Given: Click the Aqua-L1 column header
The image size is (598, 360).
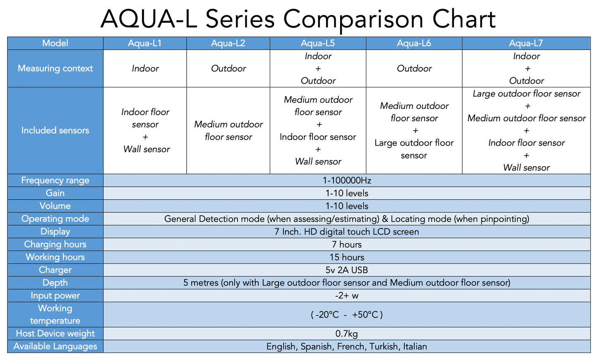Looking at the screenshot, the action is tap(145, 43).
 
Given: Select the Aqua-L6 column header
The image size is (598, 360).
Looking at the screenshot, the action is tap(414, 43).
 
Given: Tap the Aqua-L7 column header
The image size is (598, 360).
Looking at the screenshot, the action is tap(526, 43).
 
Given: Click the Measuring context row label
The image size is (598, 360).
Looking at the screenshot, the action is tap(55, 68).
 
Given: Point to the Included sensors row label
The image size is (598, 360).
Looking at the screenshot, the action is tap(55, 130).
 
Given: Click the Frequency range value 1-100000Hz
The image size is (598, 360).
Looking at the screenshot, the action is tap(347, 180).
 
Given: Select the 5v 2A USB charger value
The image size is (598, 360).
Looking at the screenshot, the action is tap(347, 270).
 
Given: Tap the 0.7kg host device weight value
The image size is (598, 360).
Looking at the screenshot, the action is tap(347, 334).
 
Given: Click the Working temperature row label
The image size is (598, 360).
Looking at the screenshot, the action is tap(55, 314).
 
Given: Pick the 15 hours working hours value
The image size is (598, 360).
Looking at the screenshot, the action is tap(347, 257).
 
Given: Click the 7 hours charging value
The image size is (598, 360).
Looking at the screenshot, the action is tap(347, 245).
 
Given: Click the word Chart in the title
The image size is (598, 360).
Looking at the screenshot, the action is tap(464, 19).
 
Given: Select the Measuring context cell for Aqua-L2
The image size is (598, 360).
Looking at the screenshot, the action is tap(228, 68).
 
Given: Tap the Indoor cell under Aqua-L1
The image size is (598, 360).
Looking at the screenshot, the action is tap(145, 68).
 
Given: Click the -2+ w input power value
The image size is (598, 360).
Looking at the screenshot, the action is tap(347, 296).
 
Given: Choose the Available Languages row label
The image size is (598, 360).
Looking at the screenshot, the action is tap(55, 346).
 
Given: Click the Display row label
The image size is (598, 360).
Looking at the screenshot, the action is tap(55, 232).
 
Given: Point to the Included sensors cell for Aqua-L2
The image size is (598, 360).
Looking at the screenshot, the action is tap(228, 130).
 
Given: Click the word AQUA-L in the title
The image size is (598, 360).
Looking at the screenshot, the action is tap(149, 19).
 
